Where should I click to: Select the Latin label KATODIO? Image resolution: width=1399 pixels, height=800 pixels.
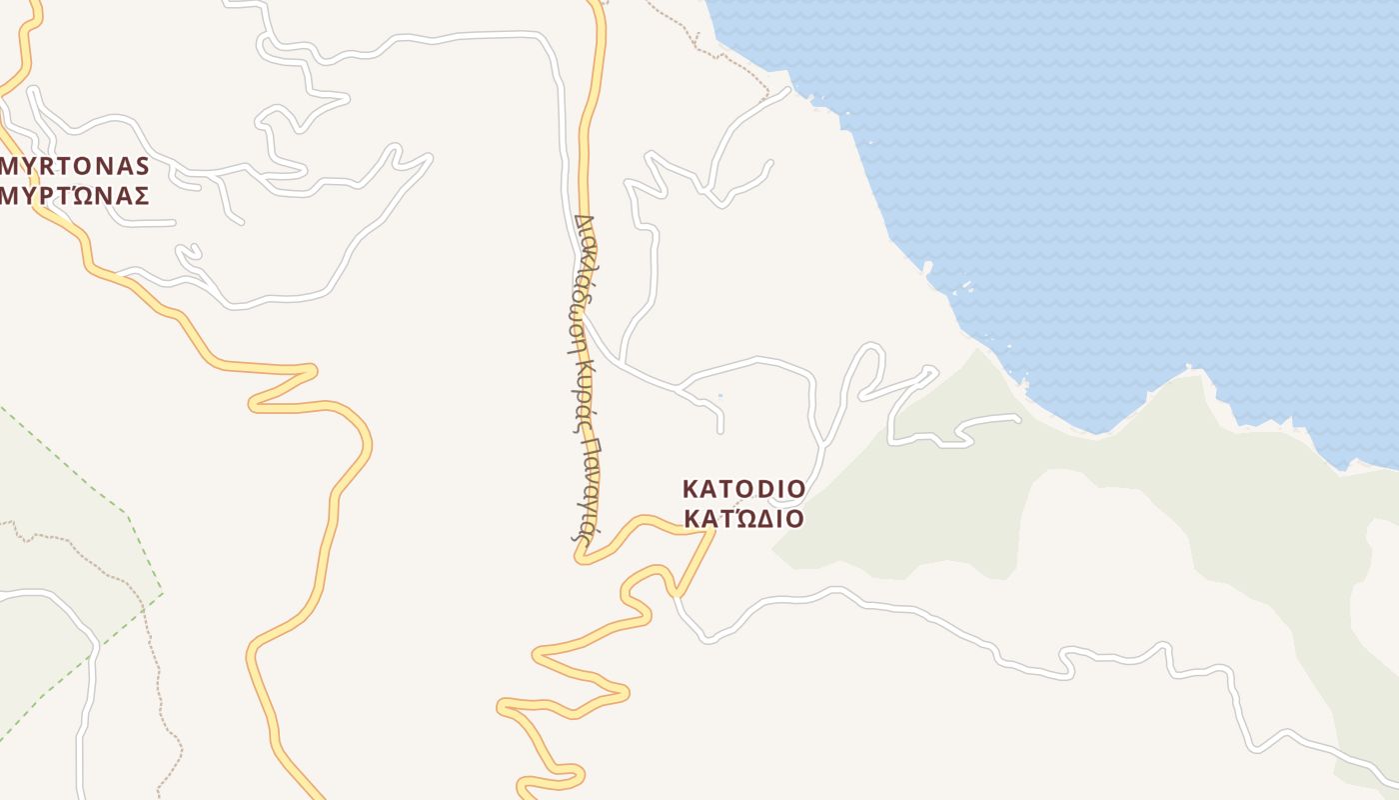tap(743, 489)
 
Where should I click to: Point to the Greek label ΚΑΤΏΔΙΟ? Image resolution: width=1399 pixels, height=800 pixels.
tap(743, 519)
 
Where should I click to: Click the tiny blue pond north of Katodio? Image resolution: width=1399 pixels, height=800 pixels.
tap(719, 396)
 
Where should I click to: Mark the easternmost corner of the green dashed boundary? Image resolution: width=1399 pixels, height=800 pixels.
tap(163, 594)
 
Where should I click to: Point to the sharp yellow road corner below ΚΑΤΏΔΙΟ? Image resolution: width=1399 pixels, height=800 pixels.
tap(713, 531)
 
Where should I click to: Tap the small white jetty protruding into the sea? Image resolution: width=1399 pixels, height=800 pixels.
tap(927, 267)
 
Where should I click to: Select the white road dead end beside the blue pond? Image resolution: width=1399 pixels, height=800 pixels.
tap(720, 431)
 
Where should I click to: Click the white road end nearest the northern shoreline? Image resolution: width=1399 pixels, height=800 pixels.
tap(787, 90)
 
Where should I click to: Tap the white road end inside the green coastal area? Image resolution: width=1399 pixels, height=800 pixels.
tap(1016, 418)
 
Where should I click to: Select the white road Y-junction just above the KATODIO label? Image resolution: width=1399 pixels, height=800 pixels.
tap(822, 442)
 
